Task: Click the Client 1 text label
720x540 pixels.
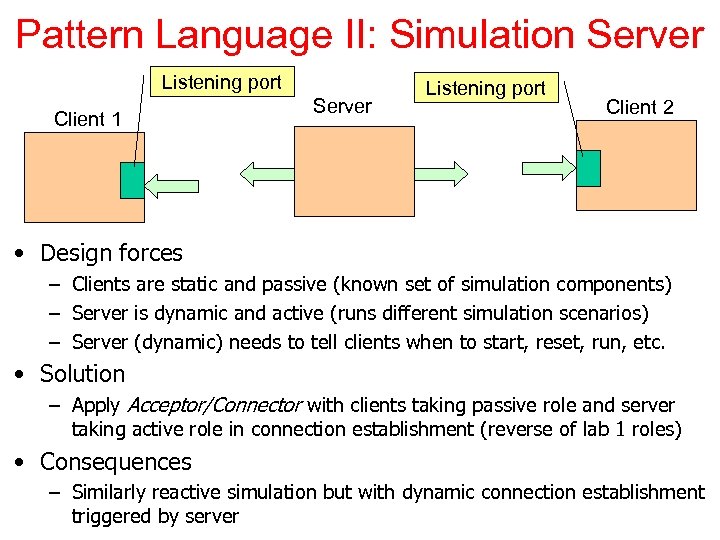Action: [x=88, y=119]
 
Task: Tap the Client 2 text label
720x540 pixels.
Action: [x=640, y=107]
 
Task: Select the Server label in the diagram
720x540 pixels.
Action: [x=342, y=106]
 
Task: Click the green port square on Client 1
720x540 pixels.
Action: [x=132, y=180]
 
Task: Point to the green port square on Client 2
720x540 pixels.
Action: [x=588, y=168]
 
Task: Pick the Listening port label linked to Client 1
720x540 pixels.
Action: [x=221, y=83]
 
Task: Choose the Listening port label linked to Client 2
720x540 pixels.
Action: [x=485, y=88]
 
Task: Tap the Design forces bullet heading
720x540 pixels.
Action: [x=111, y=253]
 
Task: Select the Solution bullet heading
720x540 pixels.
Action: [x=82, y=374]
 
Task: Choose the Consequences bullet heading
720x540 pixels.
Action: [x=115, y=462]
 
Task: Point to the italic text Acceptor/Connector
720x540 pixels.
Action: [x=214, y=406]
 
